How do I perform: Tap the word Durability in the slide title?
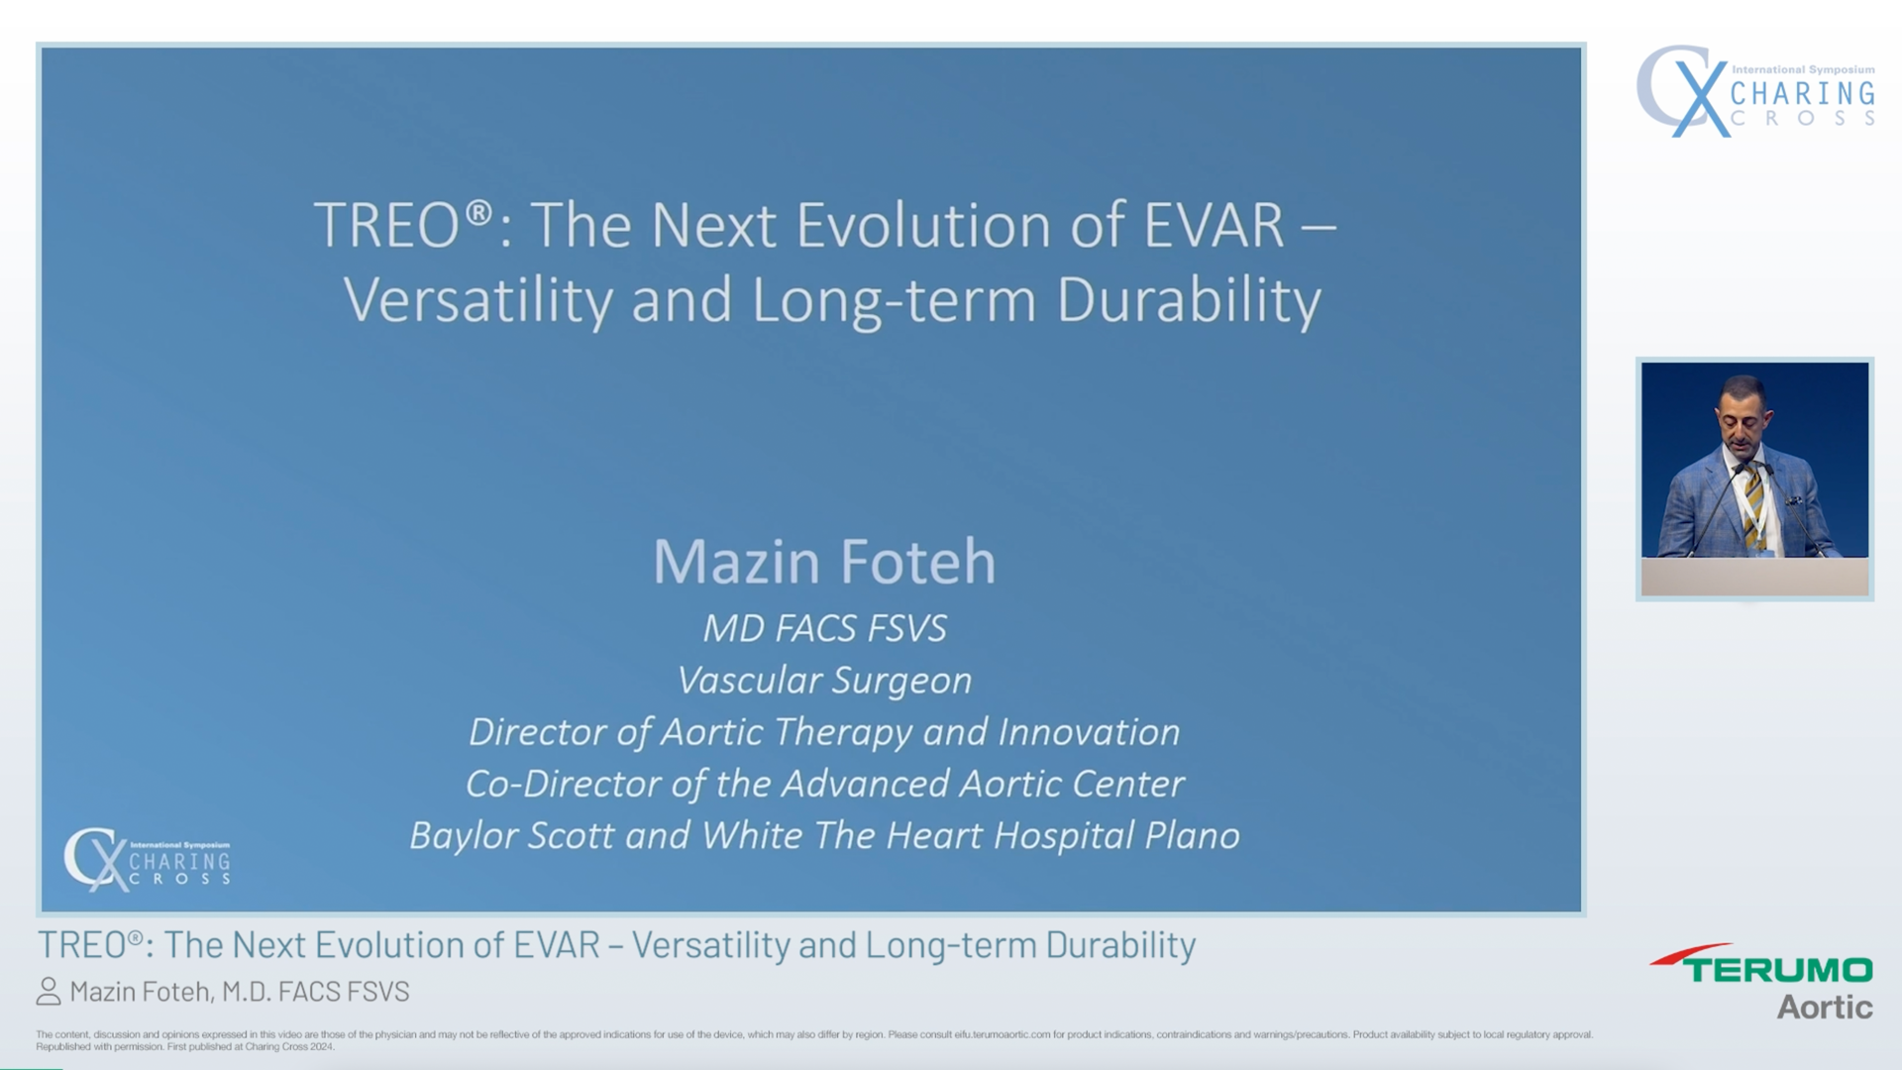1189,301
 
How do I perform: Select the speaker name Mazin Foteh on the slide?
824,562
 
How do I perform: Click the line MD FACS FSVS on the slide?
824,628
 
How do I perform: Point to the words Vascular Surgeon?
824,681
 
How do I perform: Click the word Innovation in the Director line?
1089,732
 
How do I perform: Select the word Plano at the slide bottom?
1192,836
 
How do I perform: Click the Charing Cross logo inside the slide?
147,859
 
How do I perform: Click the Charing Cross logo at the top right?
1754,92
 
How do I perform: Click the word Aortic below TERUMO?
1824,1008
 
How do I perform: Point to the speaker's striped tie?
1754,505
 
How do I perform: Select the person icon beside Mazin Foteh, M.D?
49,992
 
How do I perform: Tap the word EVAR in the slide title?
1214,226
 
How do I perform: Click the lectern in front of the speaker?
1754,576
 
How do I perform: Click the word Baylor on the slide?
464,836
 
